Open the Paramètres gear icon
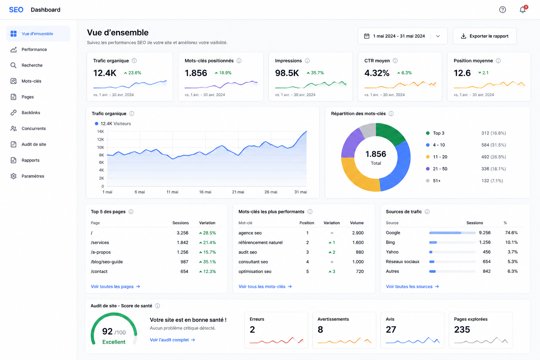(x=13, y=176)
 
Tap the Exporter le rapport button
(x=484, y=36)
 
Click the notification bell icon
(x=522, y=9)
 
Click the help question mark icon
(x=502, y=9)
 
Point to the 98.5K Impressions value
(x=287, y=73)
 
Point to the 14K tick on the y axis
(x=100, y=131)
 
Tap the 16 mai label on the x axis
(x=205, y=192)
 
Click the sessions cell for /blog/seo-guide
(x=185, y=262)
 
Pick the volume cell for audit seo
(x=360, y=252)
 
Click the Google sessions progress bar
(x=452, y=233)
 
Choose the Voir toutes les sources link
(x=412, y=287)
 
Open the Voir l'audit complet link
(x=172, y=340)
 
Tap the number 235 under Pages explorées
(x=462, y=330)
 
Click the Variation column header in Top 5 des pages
(x=207, y=223)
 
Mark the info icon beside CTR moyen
(x=395, y=61)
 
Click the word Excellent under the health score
(x=114, y=342)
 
